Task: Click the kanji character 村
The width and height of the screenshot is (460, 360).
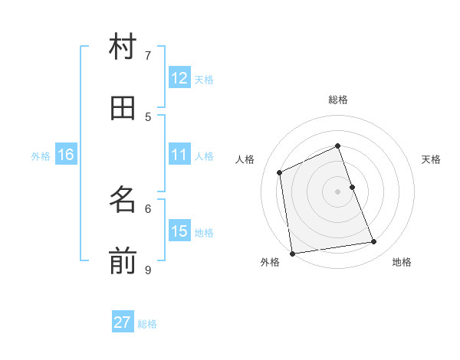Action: pos(123,47)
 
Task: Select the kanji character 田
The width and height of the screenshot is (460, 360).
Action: pos(123,108)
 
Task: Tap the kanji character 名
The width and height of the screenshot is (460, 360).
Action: pos(123,200)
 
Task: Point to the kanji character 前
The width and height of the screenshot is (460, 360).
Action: pos(123,260)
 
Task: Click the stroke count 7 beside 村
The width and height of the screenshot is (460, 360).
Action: pos(148,55)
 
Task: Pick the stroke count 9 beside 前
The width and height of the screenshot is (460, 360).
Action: pos(148,270)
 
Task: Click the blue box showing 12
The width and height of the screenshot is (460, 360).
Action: pos(179,78)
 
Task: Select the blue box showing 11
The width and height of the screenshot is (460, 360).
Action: pos(179,155)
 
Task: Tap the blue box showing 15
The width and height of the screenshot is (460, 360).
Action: pos(179,231)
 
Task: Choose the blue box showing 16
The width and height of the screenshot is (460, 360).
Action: pos(66,155)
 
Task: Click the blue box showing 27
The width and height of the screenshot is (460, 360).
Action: pos(123,322)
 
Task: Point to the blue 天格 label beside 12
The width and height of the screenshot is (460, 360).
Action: pos(204,79)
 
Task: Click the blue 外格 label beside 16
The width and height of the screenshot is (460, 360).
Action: pos(41,155)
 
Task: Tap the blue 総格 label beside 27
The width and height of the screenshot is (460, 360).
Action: pos(147,323)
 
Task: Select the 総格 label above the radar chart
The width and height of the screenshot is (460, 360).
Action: pos(338,100)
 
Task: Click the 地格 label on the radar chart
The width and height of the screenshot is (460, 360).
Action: pos(402,262)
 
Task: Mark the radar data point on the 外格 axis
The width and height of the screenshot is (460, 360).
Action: pos(292,253)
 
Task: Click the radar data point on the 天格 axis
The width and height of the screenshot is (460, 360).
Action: pos(352,187)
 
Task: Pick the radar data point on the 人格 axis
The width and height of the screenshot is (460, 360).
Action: pos(280,172)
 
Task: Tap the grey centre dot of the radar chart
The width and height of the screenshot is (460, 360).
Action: pos(337,191)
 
